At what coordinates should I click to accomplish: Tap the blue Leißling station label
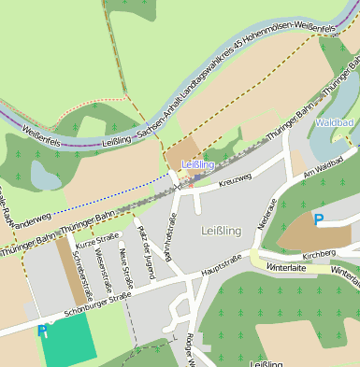pyautogui.click(x=197, y=164)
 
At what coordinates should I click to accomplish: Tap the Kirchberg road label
pyautogui.click(x=320, y=253)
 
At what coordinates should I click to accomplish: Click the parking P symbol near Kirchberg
pyautogui.click(x=319, y=220)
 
